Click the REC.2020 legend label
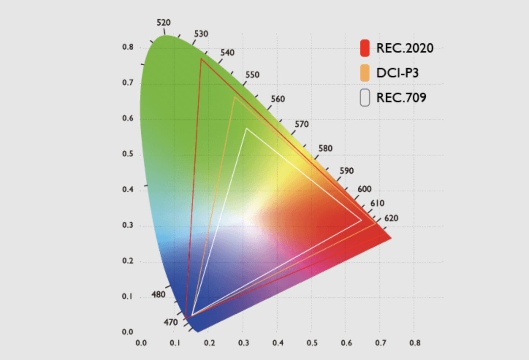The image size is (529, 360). pos(405,48)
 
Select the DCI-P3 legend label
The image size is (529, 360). pos(397,73)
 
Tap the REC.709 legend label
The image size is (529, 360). pos(401,98)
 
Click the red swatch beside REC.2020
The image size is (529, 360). pos(365,48)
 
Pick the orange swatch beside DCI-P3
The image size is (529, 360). pos(365,73)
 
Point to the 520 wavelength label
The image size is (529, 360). pos(164,23)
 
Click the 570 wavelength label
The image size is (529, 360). pos(302,124)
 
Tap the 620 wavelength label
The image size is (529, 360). pos(391,218)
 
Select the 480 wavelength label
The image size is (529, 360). pos(159,294)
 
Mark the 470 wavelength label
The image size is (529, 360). pos(171,322)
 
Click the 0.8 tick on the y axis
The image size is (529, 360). pos(128,47)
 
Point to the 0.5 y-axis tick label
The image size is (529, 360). pos(128,154)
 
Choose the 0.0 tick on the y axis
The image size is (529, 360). pos(128,332)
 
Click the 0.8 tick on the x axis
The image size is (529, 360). pos(415,343)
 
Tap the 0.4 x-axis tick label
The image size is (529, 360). pos(278,343)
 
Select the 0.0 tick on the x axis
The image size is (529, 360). pos(141,343)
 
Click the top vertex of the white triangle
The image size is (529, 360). pos(247,129)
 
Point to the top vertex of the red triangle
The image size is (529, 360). pos(201,59)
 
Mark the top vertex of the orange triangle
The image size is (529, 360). pos(234,97)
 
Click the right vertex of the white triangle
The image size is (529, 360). pos(361,220)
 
